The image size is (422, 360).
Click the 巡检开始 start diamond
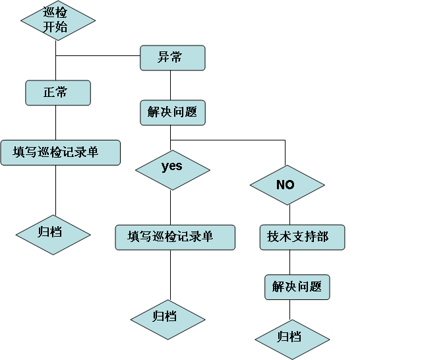coord(58,20)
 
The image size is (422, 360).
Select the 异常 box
coord(173,58)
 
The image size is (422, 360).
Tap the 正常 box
coord(58,92)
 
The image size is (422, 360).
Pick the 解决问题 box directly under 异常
coord(173,113)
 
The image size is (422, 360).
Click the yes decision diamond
coord(173,170)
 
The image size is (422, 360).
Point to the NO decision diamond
coord(287,185)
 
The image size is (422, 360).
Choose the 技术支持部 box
coord(302,237)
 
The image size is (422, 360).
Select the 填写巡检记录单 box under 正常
coord(61,152)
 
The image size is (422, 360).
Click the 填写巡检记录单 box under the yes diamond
coord(175,237)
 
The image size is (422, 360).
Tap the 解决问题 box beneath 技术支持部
coord(297,287)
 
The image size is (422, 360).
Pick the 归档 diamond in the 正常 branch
coord(53,235)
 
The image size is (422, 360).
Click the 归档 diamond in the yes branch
coord(168,320)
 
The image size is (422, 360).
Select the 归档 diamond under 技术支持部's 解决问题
coord(292,340)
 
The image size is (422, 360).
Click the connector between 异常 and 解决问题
coord(170,85)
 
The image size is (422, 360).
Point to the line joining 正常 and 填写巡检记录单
coord(55,123)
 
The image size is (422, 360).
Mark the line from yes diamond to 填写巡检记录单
coord(170,208)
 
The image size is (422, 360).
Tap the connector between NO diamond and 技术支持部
coord(290,215)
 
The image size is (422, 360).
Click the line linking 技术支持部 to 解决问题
coord(290,262)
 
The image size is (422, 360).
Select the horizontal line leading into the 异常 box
coord(98,55)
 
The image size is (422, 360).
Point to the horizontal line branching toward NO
coord(227,140)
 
